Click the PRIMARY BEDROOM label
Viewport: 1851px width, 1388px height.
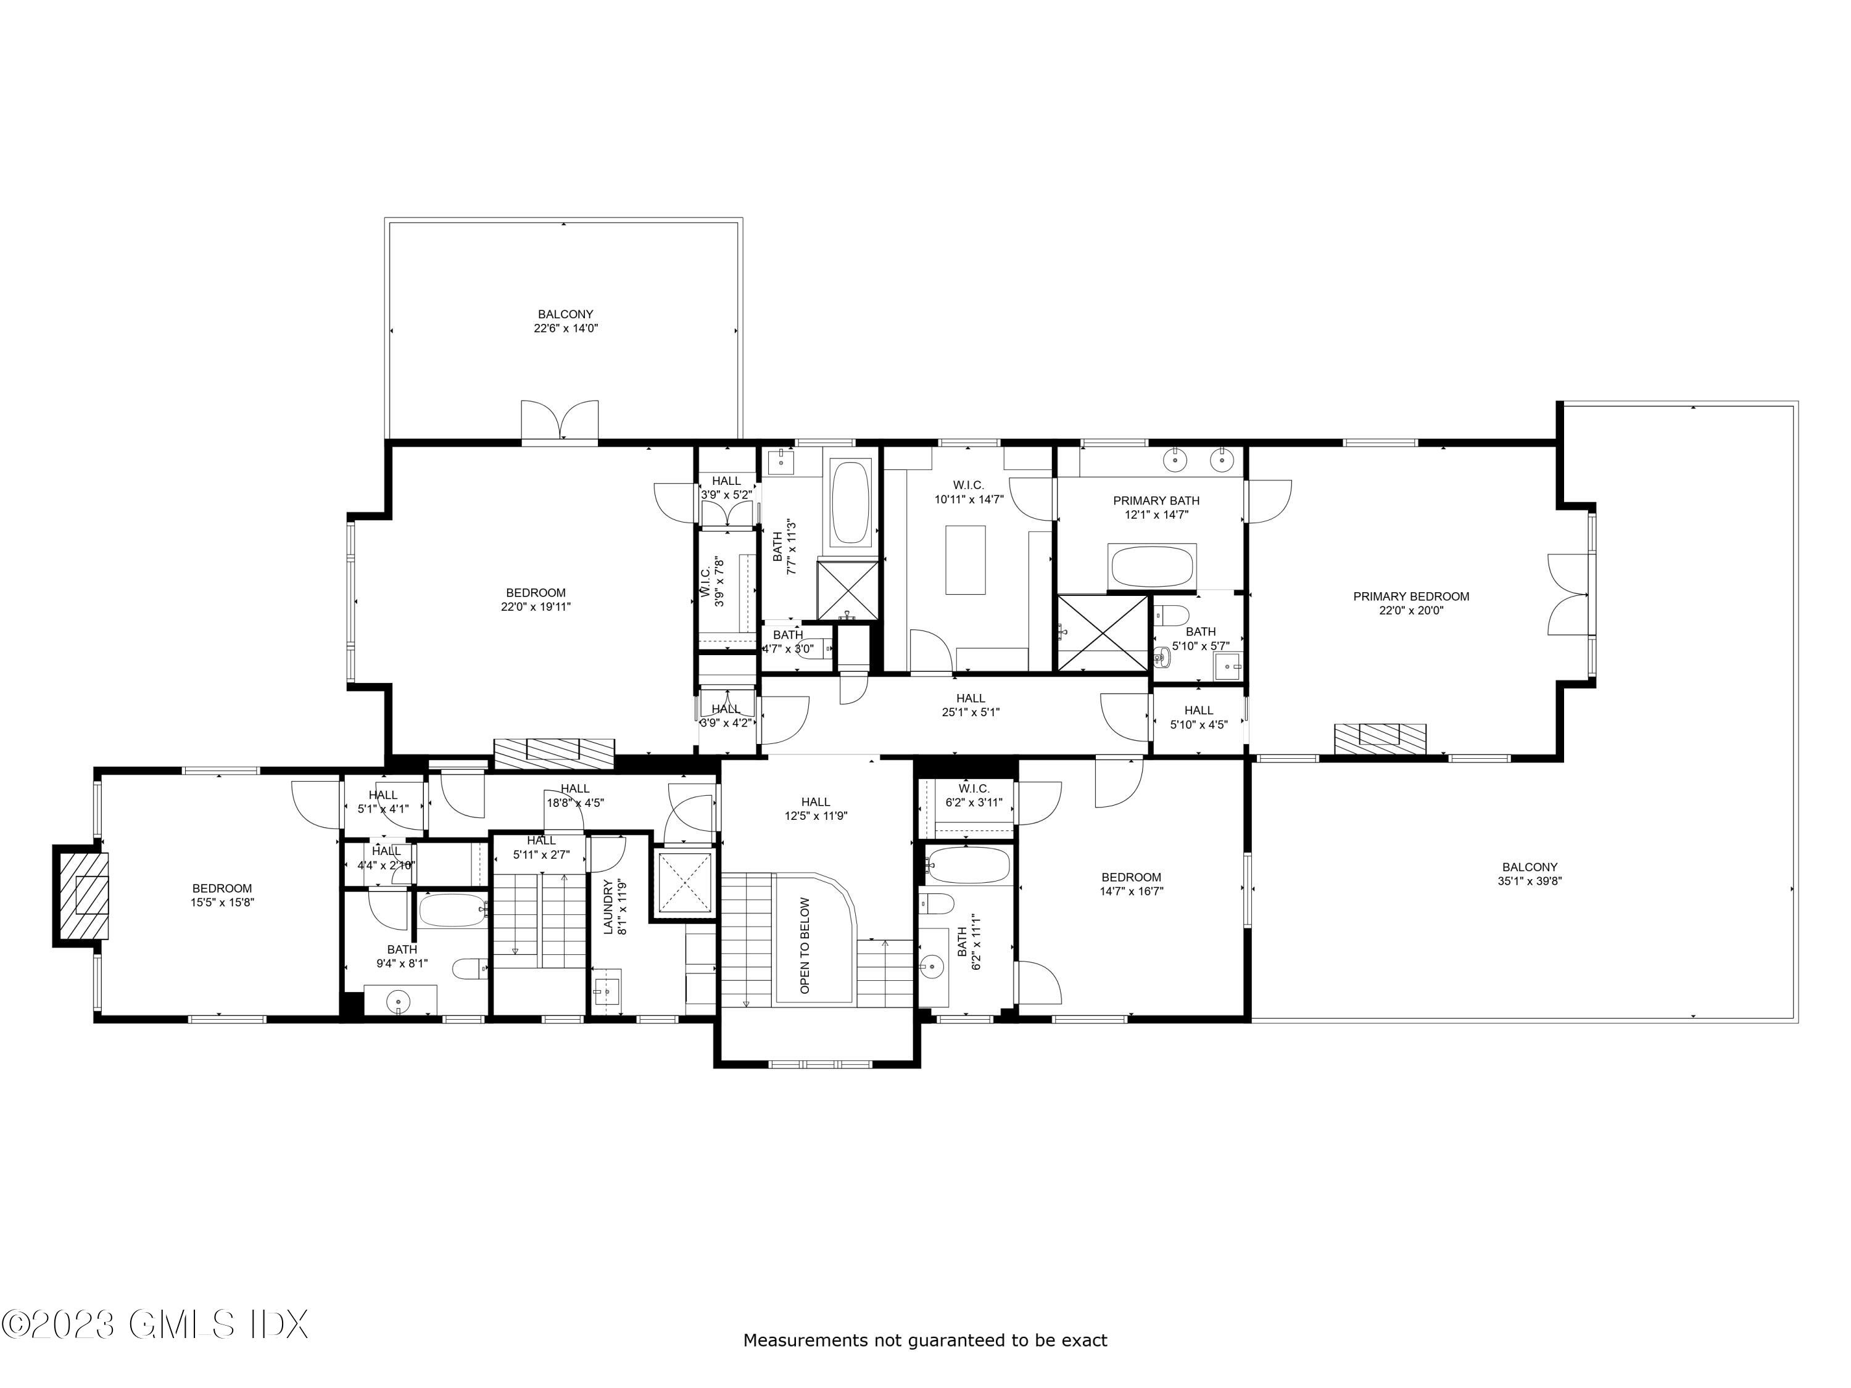tap(1411, 597)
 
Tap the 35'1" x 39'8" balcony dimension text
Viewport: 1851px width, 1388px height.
tap(1530, 881)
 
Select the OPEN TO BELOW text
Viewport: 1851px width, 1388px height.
tap(805, 946)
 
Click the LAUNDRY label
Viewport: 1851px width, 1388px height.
tap(608, 906)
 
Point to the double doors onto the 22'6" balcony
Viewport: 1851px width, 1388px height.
tap(560, 420)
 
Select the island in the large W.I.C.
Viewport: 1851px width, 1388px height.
tap(965, 559)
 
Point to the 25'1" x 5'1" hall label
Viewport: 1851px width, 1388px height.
tap(971, 705)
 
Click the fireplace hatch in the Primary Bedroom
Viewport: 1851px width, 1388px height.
tap(1380, 736)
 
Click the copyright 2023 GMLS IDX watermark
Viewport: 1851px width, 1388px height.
tap(155, 1324)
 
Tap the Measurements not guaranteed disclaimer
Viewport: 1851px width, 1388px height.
tap(925, 1340)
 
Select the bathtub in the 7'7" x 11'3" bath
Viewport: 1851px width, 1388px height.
tap(851, 503)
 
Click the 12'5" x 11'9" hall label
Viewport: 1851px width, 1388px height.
tap(815, 809)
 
